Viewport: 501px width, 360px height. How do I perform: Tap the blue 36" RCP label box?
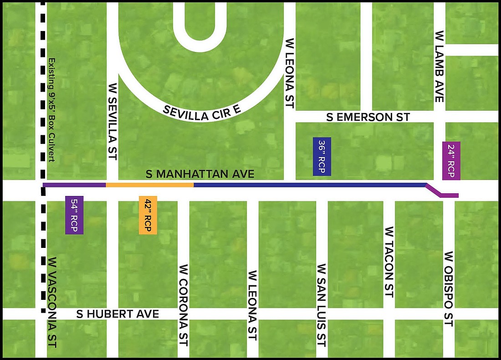point(322,156)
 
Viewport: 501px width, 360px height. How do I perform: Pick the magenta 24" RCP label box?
point(451,161)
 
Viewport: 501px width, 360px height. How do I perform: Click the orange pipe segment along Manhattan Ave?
point(150,185)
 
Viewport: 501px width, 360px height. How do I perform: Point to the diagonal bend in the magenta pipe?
point(433,190)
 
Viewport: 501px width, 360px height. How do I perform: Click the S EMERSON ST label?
point(368,117)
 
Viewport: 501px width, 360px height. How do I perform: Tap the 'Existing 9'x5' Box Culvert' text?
point(51,109)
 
